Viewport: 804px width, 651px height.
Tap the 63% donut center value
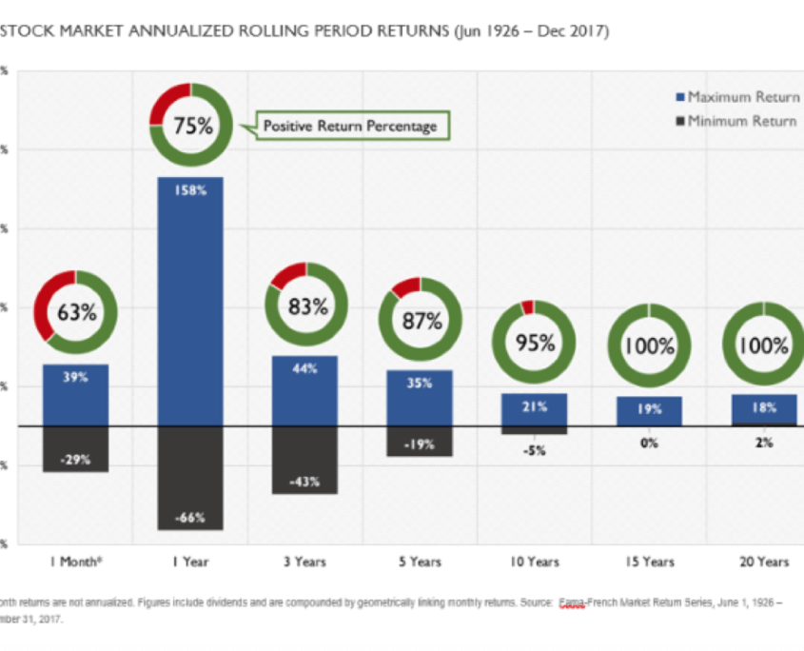tap(75, 312)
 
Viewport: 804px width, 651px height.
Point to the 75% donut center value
tap(191, 125)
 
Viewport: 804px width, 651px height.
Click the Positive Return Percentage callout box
tap(349, 126)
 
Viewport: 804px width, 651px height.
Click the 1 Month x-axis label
tap(76, 562)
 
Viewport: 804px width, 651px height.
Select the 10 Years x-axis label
tap(534, 562)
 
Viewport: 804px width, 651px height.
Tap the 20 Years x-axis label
tap(764, 562)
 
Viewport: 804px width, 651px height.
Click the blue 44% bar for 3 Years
tap(304, 391)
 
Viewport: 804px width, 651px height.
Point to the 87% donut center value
tap(421, 321)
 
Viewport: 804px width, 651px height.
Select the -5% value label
tap(534, 451)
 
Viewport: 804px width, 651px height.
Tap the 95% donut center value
tap(535, 344)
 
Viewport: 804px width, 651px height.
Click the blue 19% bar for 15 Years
tap(649, 411)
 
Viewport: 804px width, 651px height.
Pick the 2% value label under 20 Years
tap(764, 444)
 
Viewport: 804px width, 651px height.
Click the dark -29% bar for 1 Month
tap(76, 449)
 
